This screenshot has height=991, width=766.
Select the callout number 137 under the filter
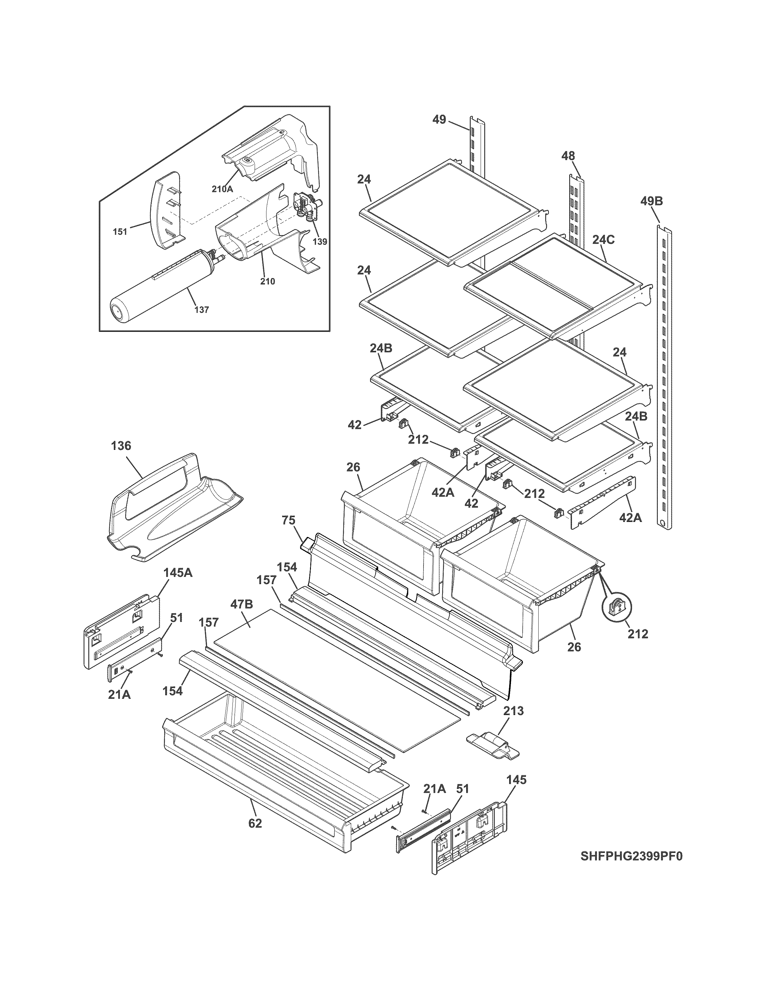(202, 310)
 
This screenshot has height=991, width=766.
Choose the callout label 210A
(222, 189)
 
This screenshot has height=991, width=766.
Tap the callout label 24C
(603, 240)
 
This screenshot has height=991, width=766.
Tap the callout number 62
(255, 823)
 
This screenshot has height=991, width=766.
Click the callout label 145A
(178, 573)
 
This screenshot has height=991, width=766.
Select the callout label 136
(121, 446)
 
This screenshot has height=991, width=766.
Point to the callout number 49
(439, 120)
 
